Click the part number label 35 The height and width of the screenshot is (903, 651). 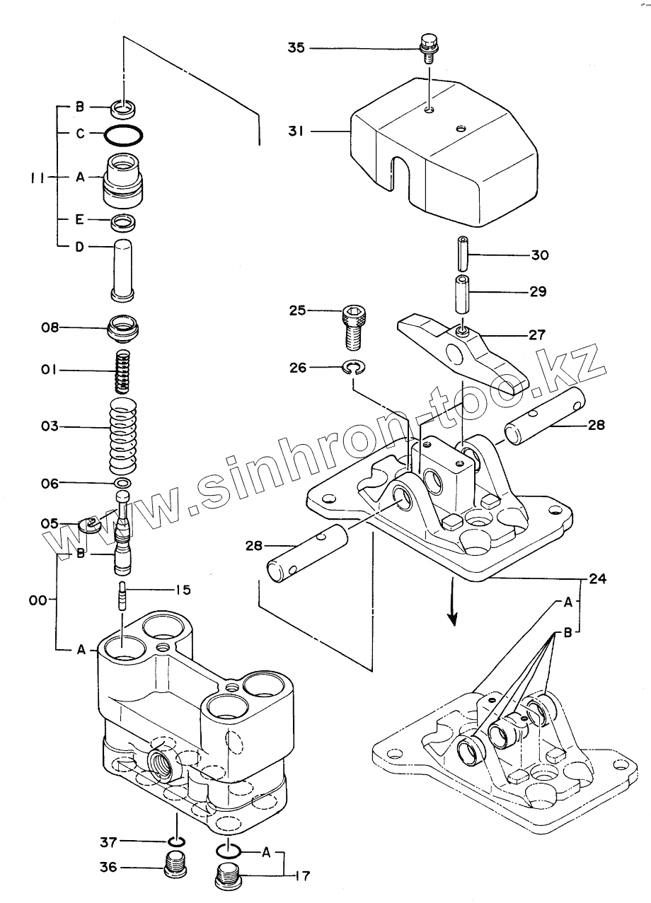pyautogui.click(x=296, y=48)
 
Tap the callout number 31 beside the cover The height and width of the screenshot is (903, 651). pyautogui.click(x=296, y=132)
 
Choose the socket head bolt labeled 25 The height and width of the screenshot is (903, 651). pyautogui.click(x=353, y=325)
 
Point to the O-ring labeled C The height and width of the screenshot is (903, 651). pyautogui.click(x=125, y=134)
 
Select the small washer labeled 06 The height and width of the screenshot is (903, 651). pyautogui.click(x=122, y=483)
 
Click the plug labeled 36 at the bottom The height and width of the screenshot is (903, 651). pyautogui.click(x=175, y=865)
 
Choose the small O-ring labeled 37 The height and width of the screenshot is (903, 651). pyautogui.click(x=176, y=841)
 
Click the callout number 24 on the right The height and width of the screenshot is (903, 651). pyautogui.click(x=598, y=578)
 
